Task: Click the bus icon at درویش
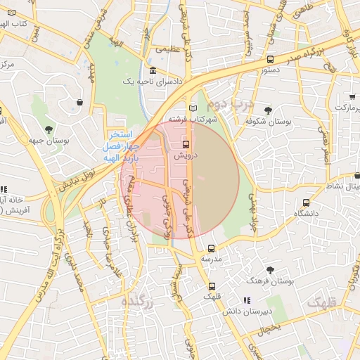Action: click(x=186, y=144)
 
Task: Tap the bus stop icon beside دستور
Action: click(x=271, y=60)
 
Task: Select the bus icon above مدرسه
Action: click(x=212, y=248)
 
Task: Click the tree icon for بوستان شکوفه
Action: click(x=269, y=110)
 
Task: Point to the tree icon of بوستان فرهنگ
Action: click(x=270, y=269)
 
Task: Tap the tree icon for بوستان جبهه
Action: click(x=49, y=129)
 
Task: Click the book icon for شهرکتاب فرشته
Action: click(x=193, y=108)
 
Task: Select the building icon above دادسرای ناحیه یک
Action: click(x=153, y=72)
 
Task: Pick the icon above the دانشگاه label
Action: click(x=305, y=202)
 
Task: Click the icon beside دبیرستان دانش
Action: click(x=246, y=300)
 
